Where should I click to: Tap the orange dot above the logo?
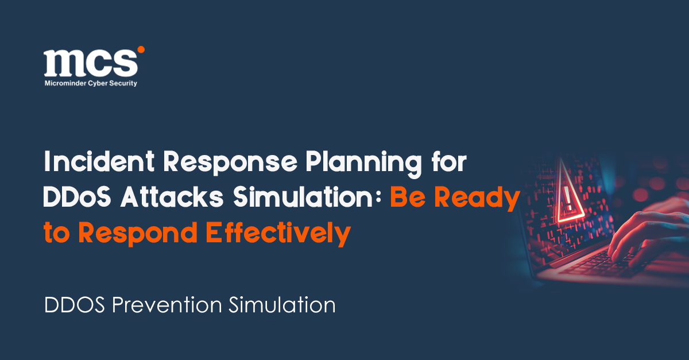pyautogui.click(x=141, y=50)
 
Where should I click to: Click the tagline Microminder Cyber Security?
pyautogui.click(x=91, y=83)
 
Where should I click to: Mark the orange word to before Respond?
pyautogui.click(x=57, y=233)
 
